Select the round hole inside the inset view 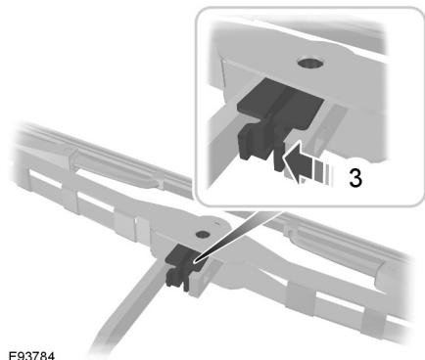click(311, 64)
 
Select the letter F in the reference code click(8, 350)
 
